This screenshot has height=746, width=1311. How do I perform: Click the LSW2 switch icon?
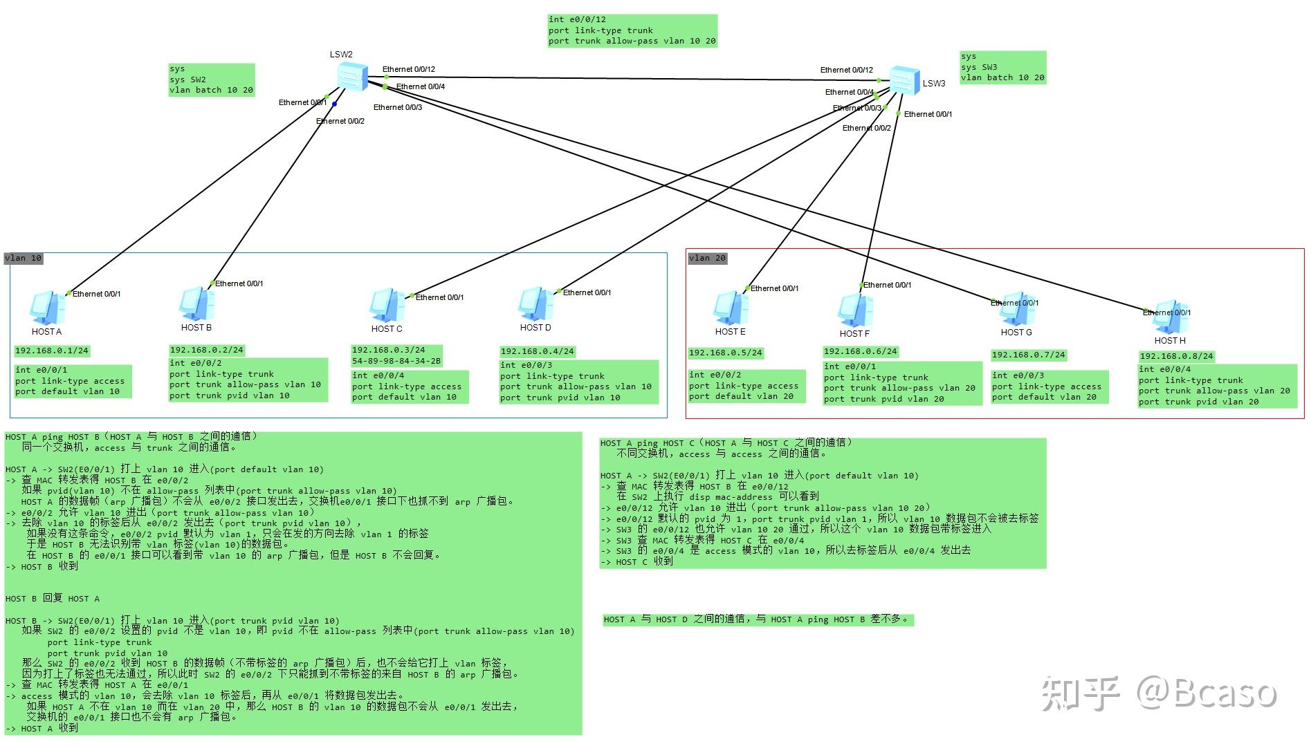click(x=352, y=76)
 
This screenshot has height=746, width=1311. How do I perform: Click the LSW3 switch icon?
click(x=904, y=80)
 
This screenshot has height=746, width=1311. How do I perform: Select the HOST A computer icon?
click(x=48, y=308)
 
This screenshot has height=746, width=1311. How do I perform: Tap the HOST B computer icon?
click(x=196, y=304)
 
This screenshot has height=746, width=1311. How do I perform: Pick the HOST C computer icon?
click(x=387, y=306)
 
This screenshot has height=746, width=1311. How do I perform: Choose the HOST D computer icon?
click(x=535, y=304)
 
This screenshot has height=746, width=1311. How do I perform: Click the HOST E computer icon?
click(x=731, y=308)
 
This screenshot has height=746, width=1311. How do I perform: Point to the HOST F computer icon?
click(x=855, y=310)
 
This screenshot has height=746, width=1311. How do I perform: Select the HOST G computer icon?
click(x=1016, y=308)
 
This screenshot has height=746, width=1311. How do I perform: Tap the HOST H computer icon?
click(x=1171, y=317)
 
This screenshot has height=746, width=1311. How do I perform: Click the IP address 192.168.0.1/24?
click(x=52, y=351)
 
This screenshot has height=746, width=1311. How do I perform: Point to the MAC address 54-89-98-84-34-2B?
click(x=396, y=361)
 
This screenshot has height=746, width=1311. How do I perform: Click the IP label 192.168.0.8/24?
click(x=1177, y=356)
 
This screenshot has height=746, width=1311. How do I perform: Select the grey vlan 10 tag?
click(x=24, y=259)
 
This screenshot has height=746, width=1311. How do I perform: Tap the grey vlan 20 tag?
click(x=708, y=258)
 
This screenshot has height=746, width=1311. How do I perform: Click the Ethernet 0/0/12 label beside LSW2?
click(x=409, y=69)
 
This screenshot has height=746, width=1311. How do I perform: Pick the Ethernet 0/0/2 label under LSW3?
click(x=867, y=128)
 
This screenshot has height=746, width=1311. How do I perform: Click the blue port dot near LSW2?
click(x=334, y=104)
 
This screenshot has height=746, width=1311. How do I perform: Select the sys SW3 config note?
click(x=1003, y=67)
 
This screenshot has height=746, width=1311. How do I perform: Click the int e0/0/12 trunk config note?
click(x=632, y=31)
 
